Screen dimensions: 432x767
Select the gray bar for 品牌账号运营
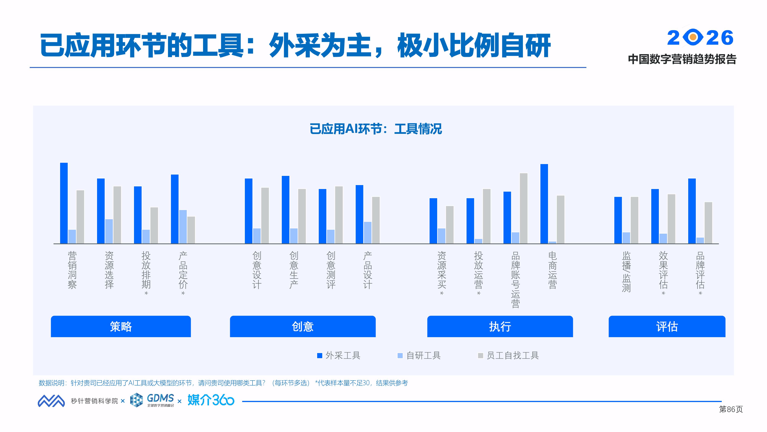(523, 208)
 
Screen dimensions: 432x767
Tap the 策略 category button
(121, 326)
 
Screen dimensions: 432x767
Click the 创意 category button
(303, 326)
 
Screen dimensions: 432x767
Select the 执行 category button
(500, 326)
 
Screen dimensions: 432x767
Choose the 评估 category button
(667, 326)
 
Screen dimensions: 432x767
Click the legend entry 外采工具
(339, 355)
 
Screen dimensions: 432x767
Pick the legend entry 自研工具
(419, 355)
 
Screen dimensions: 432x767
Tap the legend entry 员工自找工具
(509, 355)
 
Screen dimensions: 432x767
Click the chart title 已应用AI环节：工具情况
(376, 129)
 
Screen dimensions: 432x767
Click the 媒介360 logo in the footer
(211, 400)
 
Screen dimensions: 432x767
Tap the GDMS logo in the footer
(152, 400)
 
